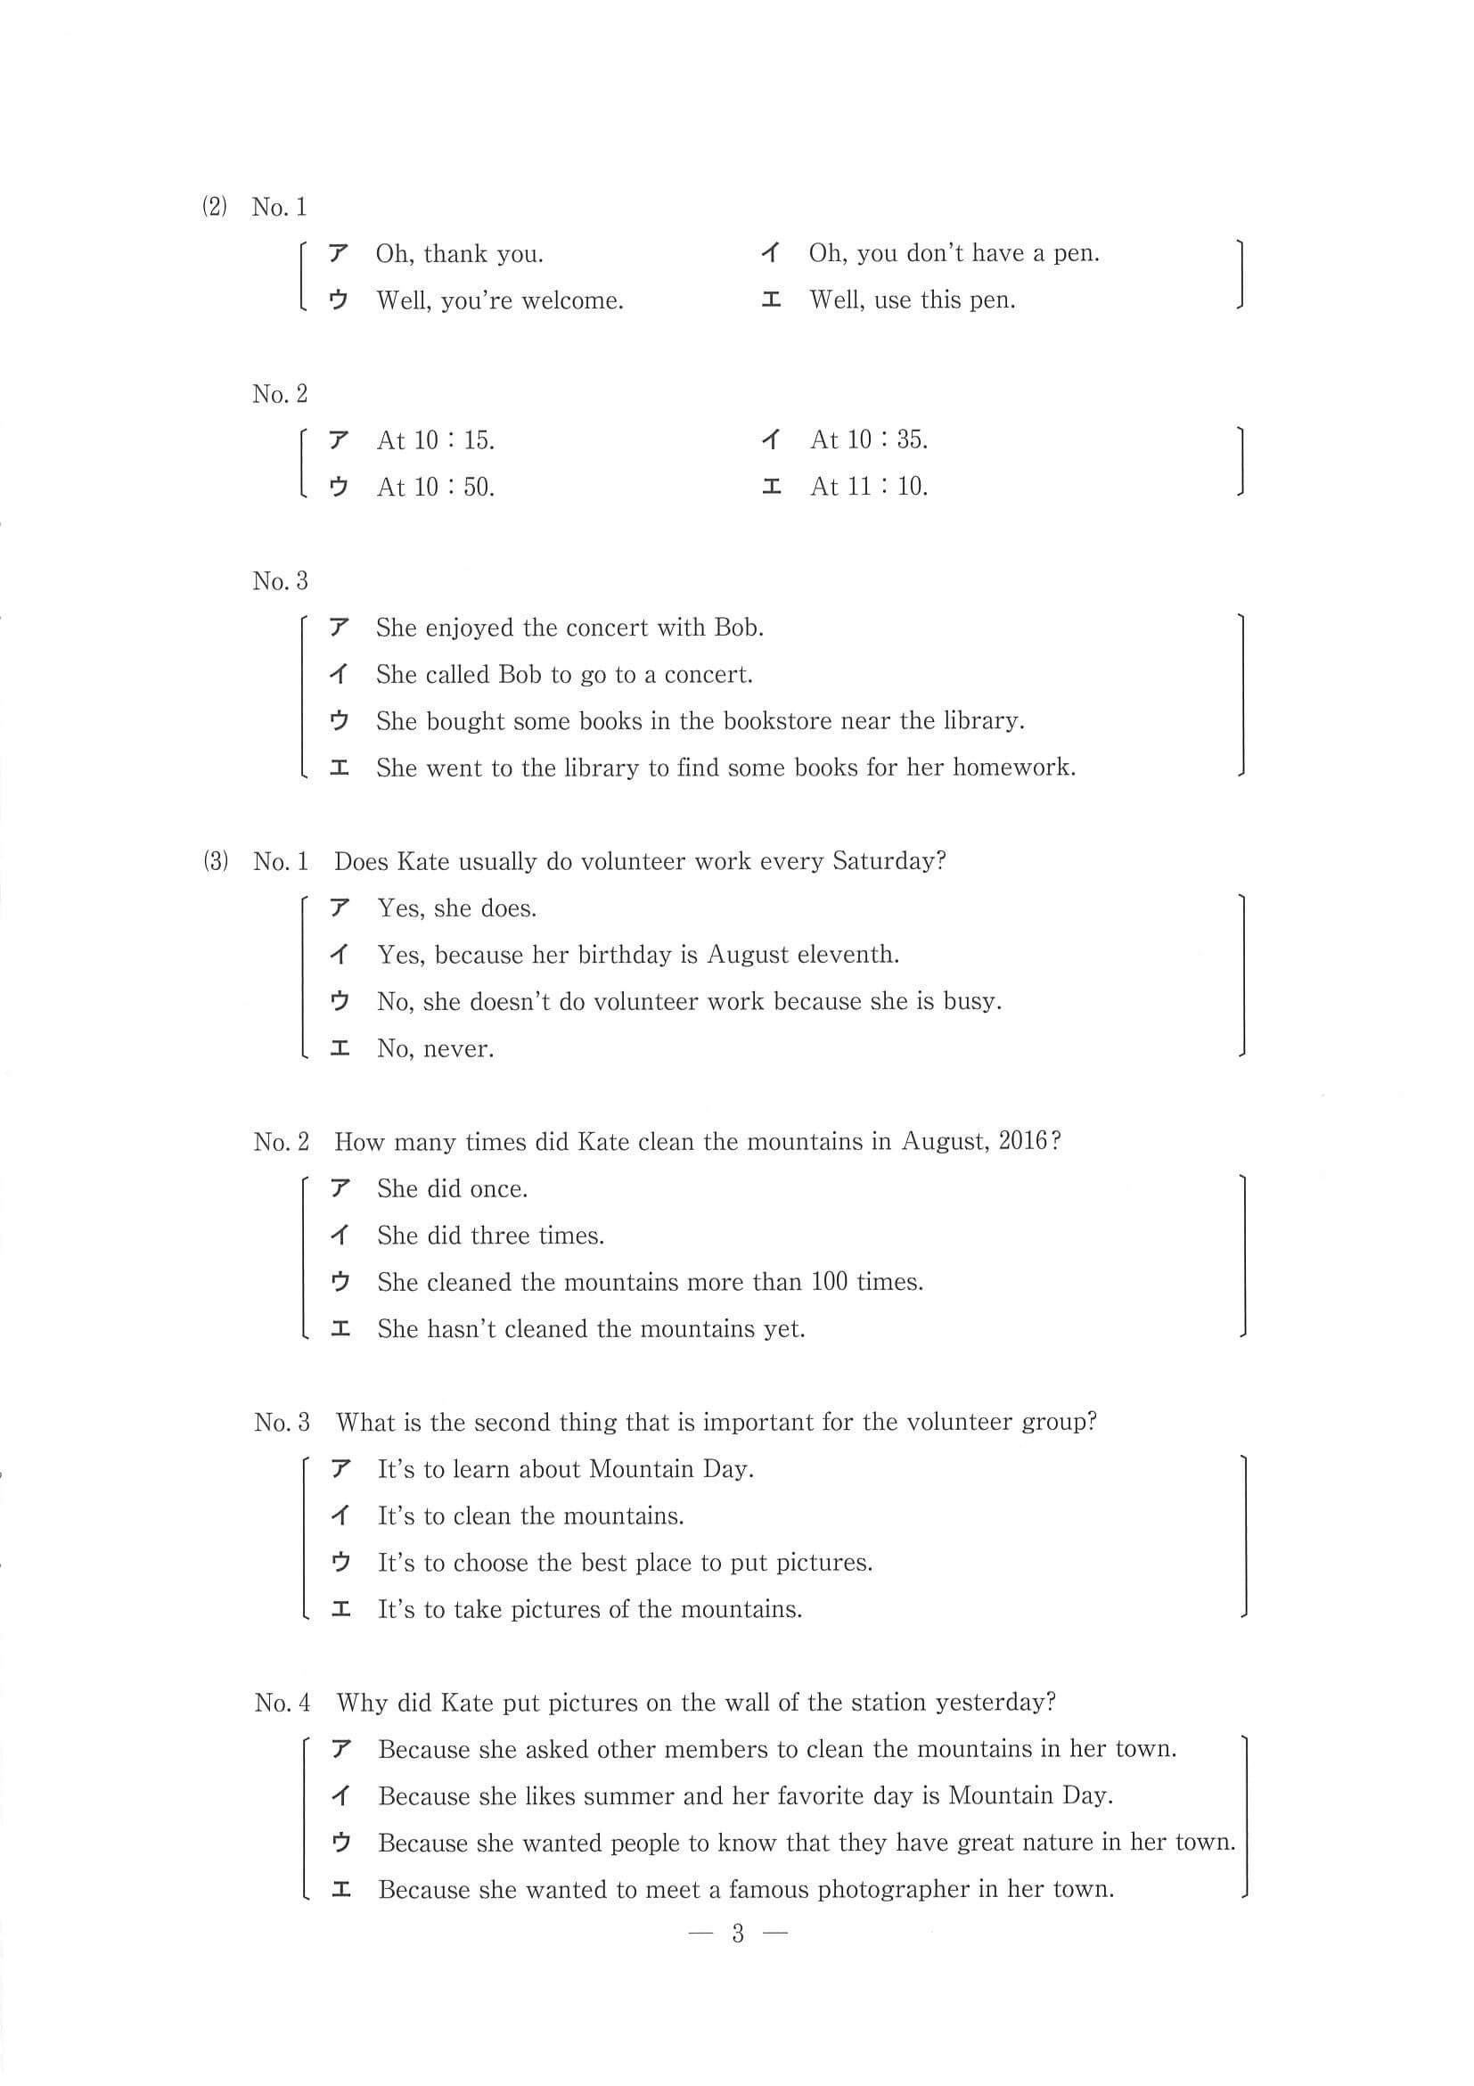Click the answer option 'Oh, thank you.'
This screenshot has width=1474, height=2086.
pos(460,254)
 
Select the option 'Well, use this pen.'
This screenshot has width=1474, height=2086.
pos(912,300)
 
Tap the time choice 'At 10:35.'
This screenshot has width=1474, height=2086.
pos(868,440)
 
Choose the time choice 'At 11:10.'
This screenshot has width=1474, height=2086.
pos(868,487)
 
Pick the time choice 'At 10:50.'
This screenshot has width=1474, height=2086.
pos(435,488)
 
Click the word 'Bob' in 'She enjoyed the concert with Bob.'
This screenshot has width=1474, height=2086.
pos(739,628)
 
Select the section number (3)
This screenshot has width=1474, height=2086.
pos(216,861)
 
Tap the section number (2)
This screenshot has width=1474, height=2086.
pos(215,207)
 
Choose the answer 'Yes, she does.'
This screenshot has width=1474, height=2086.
pos(457,908)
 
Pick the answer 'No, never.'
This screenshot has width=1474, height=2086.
pos(435,1049)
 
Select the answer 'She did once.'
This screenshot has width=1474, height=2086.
pos(453,1189)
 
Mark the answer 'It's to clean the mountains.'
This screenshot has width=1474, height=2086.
pos(530,1516)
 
